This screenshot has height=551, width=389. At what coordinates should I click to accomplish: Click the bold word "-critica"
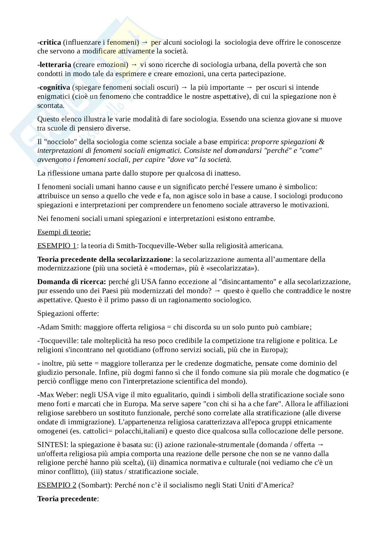(x=49, y=42)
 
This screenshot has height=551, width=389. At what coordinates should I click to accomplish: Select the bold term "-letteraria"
(x=54, y=65)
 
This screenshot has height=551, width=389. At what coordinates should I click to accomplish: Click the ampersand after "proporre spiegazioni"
(x=322, y=142)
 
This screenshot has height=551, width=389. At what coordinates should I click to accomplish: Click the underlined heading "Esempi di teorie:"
(x=64, y=232)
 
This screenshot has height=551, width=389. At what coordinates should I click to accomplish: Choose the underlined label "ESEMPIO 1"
(x=57, y=246)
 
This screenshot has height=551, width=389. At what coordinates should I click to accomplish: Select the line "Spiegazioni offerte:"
(x=68, y=313)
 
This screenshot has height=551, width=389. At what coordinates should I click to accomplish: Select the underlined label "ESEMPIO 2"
(x=57, y=485)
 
